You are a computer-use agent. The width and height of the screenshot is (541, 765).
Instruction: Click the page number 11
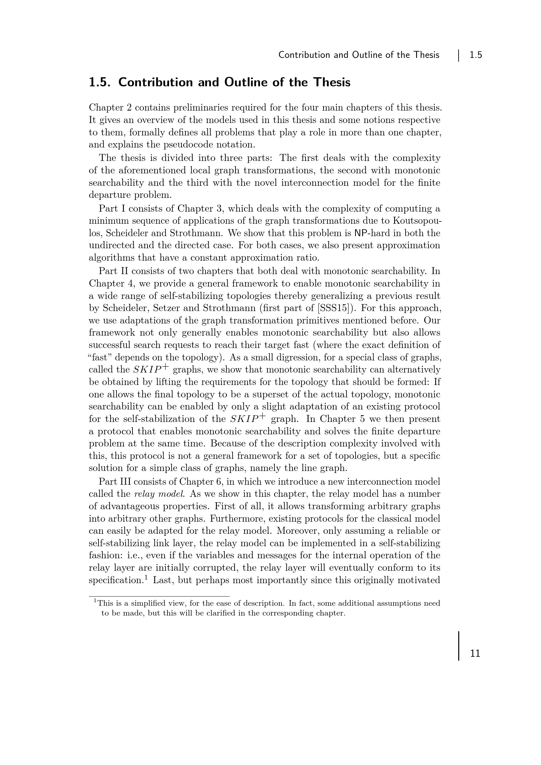pos(475,653)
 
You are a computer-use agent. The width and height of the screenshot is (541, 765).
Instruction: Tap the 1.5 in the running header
pos(476,55)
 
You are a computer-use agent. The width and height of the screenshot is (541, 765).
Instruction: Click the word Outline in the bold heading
pos(246,82)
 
